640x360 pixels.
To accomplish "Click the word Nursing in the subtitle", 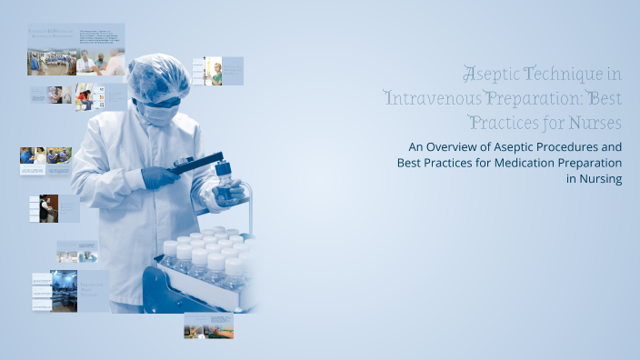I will [600, 179].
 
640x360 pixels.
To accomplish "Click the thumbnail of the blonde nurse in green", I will [215, 72].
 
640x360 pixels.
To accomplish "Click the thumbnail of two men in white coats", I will [101, 62].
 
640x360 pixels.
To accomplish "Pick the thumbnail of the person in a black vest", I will [48, 208].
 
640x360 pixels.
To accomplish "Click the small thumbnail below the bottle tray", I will [208, 325].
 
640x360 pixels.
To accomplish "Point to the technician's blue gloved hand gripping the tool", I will [159, 176].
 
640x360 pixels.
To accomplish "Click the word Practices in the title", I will [499, 121].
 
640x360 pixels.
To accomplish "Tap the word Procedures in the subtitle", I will [565, 146].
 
